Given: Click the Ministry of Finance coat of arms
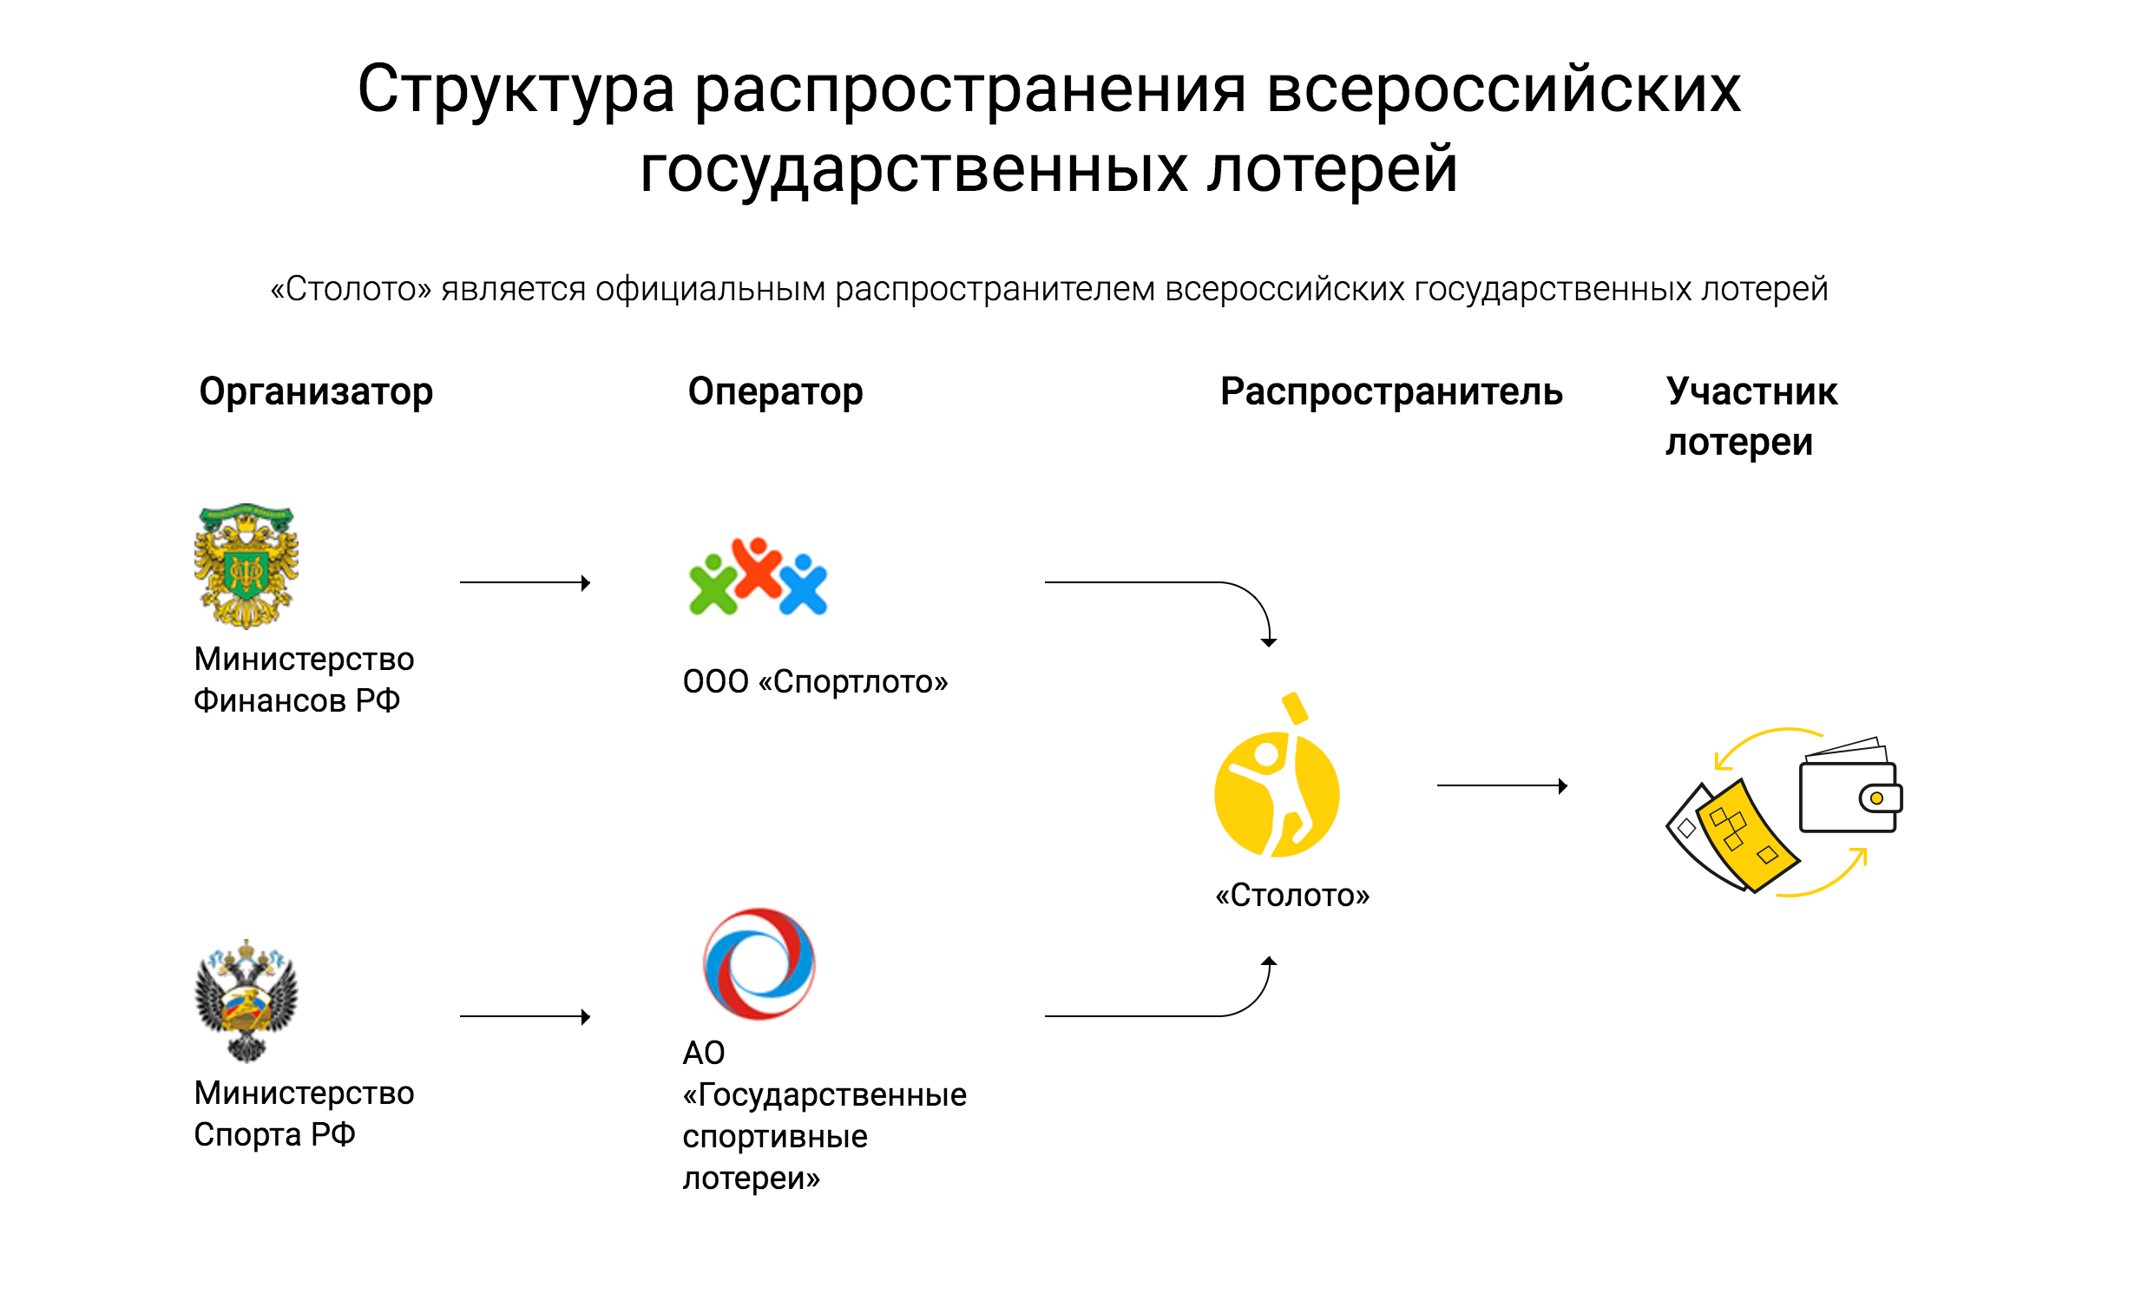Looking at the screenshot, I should [x=246, y=565].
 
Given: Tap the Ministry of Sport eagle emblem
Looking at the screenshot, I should [x=246, y=1000].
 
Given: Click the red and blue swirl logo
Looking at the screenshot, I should [x=759, y=963].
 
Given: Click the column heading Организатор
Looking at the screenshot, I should [x=316, y=392].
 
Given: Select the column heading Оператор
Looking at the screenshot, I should [x=775, y=392].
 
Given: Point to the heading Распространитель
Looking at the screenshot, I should [x=1391, y=392].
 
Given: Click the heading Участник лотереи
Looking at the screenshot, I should [x=1751, y=417].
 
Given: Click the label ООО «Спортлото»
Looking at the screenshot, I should [x=815, y=682].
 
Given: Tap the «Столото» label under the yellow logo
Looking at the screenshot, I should [x=1291, y=895].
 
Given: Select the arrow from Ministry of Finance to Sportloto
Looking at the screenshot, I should [x=525, y=582].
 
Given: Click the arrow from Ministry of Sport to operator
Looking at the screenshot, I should [x=525, y=1016].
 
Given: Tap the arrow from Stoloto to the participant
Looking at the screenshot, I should [x=1501, y=786].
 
